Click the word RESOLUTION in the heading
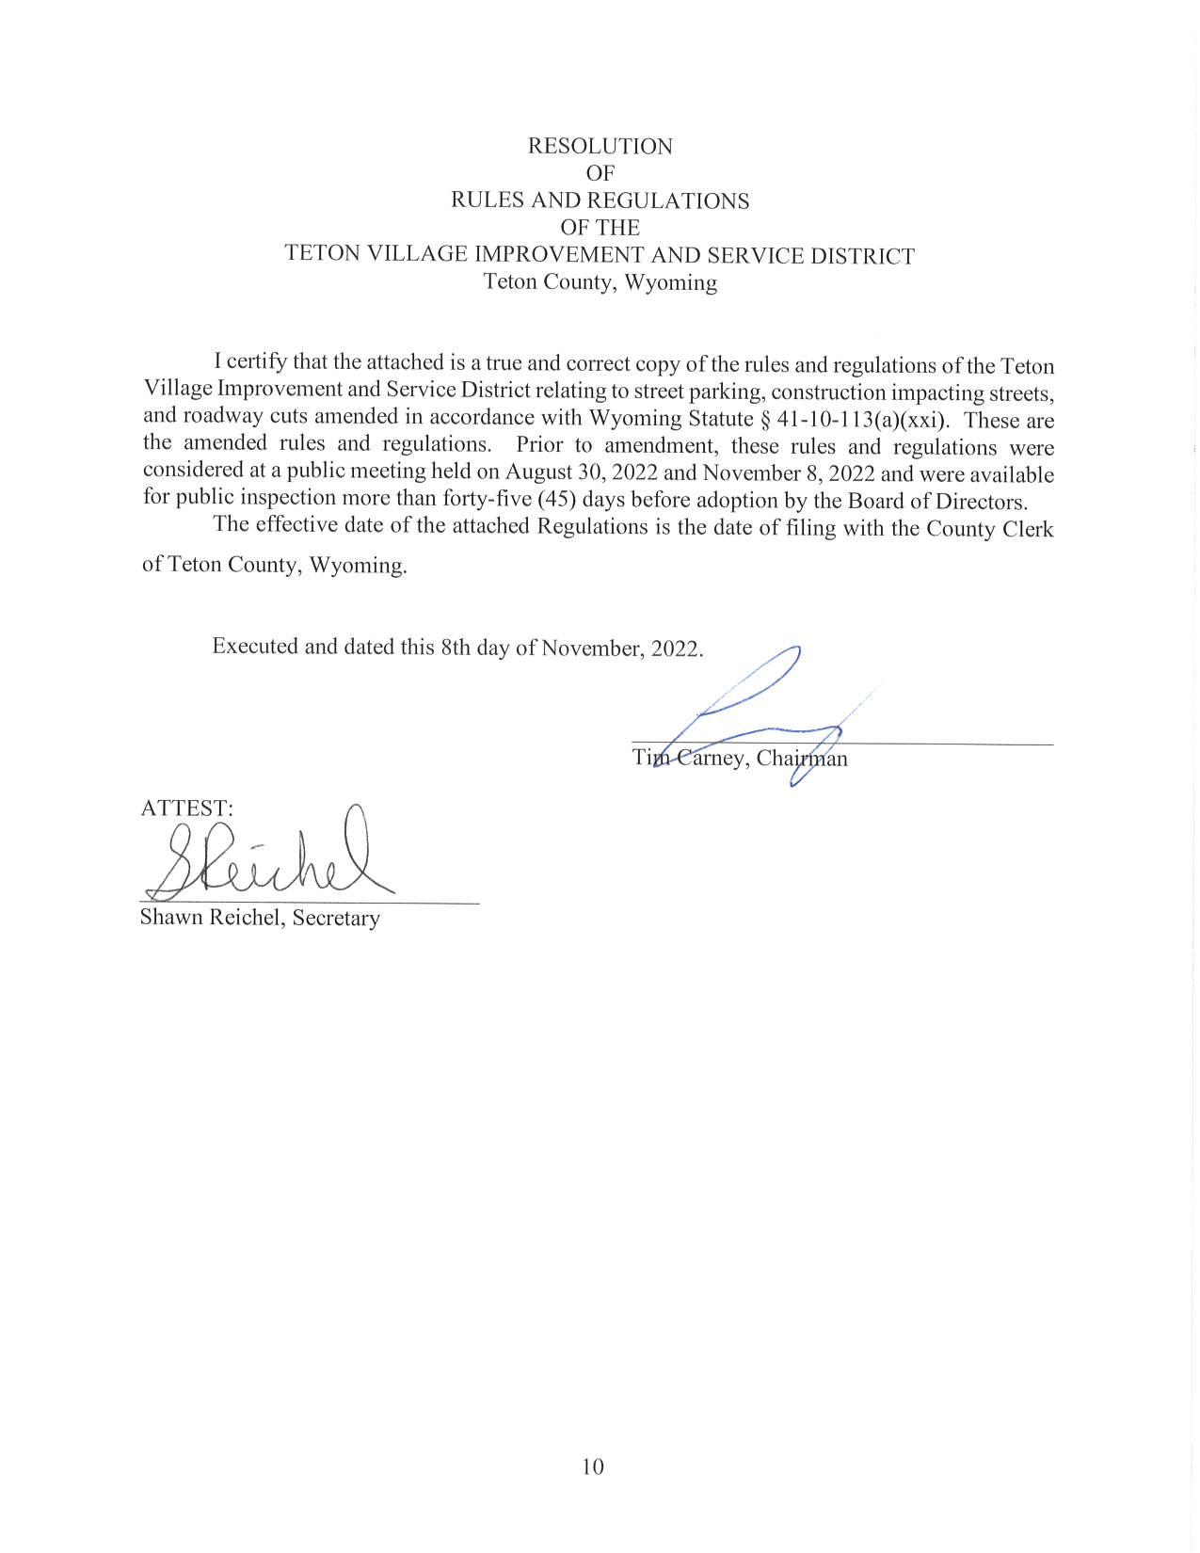[x=600, y=146]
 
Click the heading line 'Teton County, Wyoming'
[x=600, y=282]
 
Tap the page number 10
[x=593, y=1465]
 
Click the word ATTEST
[x=185, y=808]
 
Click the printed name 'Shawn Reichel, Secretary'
[x=260, y=918]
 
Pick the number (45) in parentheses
[x=556, y=499]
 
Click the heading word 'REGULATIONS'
[x=668, y=200]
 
